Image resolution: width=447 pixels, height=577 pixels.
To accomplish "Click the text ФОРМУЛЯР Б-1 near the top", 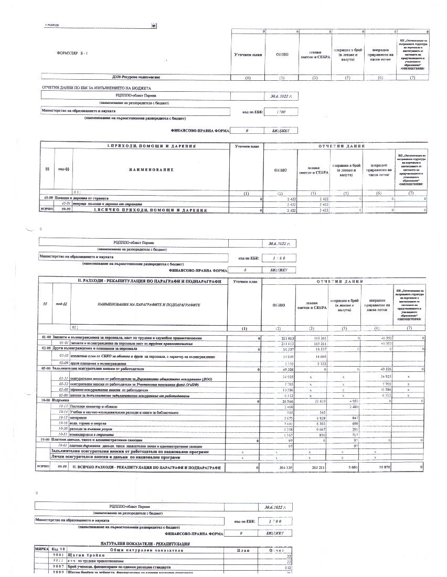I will [x=70, y=54].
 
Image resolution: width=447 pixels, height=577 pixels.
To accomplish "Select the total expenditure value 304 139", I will [x=280, y=467].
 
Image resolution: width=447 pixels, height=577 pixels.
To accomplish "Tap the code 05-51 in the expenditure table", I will [x=65, y=377].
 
